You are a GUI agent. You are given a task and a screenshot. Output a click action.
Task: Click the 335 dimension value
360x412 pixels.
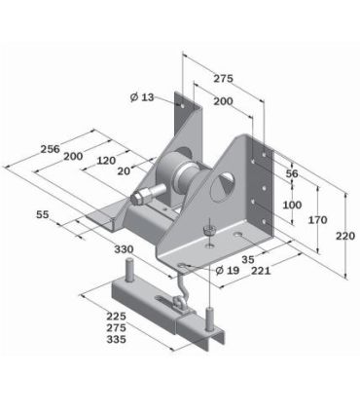[117, 341]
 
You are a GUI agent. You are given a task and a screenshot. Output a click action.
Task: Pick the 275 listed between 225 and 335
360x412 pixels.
[117, 328]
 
